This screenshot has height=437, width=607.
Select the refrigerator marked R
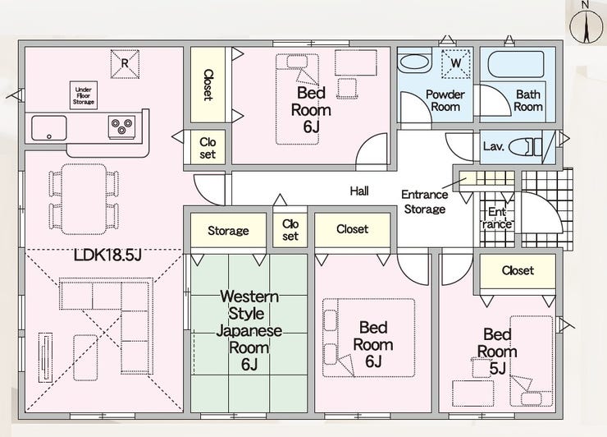[x=125, y=62]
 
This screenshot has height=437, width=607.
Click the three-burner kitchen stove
[x=122, y=126]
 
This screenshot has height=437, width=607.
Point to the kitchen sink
[x=49, y=128]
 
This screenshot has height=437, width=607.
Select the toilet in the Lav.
[x=524, y=147]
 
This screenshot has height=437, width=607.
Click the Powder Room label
[x=445, y=100]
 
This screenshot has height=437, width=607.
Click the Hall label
[x=359, y=191]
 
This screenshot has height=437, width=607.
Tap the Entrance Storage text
[x=425, y=201]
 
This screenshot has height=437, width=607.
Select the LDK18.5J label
[x=107, y=255]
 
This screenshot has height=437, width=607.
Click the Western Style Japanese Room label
[x=249, y=330]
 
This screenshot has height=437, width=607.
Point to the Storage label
[x=228, y=231]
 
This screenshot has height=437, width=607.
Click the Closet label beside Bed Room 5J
[x=518, y=270]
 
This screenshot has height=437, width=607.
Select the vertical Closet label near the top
[x=208, y=84]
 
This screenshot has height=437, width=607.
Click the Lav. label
[x=493, y=147]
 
